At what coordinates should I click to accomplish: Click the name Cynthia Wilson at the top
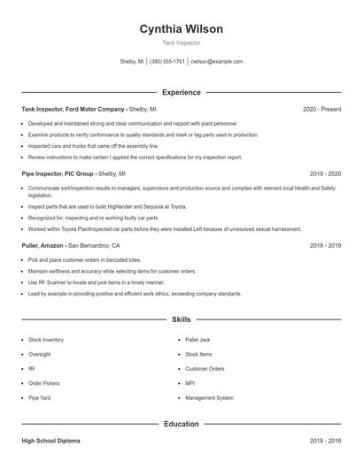(x=181, y=28)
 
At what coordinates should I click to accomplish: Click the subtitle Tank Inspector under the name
(x=181, y=42)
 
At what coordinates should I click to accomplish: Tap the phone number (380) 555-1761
(x=167, y=62)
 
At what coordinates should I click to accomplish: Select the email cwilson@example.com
(x=217, y=62)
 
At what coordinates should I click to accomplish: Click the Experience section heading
(x=181, y=92)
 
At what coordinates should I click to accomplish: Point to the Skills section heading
(x=181, y=319)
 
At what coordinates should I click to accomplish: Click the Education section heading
(x=181, y=424)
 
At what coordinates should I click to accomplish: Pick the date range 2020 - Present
(x=321, y=109)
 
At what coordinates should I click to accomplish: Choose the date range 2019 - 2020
(x=325, y=174)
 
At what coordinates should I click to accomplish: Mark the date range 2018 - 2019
(x=325, y=245)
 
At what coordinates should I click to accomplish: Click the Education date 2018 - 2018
(x=325, y=440)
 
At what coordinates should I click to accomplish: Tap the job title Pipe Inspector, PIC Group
(x=58, y=174)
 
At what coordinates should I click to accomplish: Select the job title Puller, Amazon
(x=43, y=245)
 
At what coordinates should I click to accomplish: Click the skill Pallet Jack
(x=198, y=340)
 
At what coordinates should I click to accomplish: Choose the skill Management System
(x=209, y=398)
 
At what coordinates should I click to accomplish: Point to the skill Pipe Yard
(x=40, y=398)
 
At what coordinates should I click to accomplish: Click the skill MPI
(x=190, y=383)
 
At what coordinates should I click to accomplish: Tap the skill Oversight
(x=41, y=354)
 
